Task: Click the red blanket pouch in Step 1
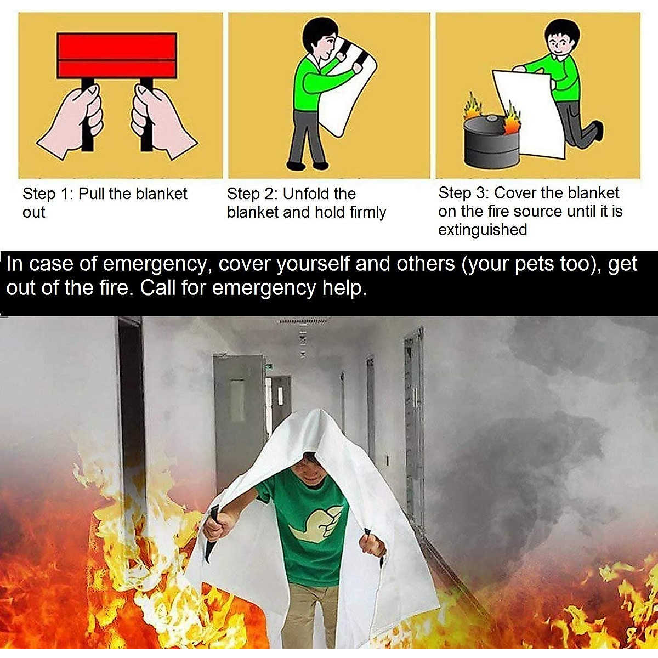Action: (x=117, y=55)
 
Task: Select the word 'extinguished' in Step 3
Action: (x=482, y=230)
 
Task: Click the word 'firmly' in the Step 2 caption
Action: (x=368, y=212)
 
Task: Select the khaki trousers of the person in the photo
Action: (x=310, y=614)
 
